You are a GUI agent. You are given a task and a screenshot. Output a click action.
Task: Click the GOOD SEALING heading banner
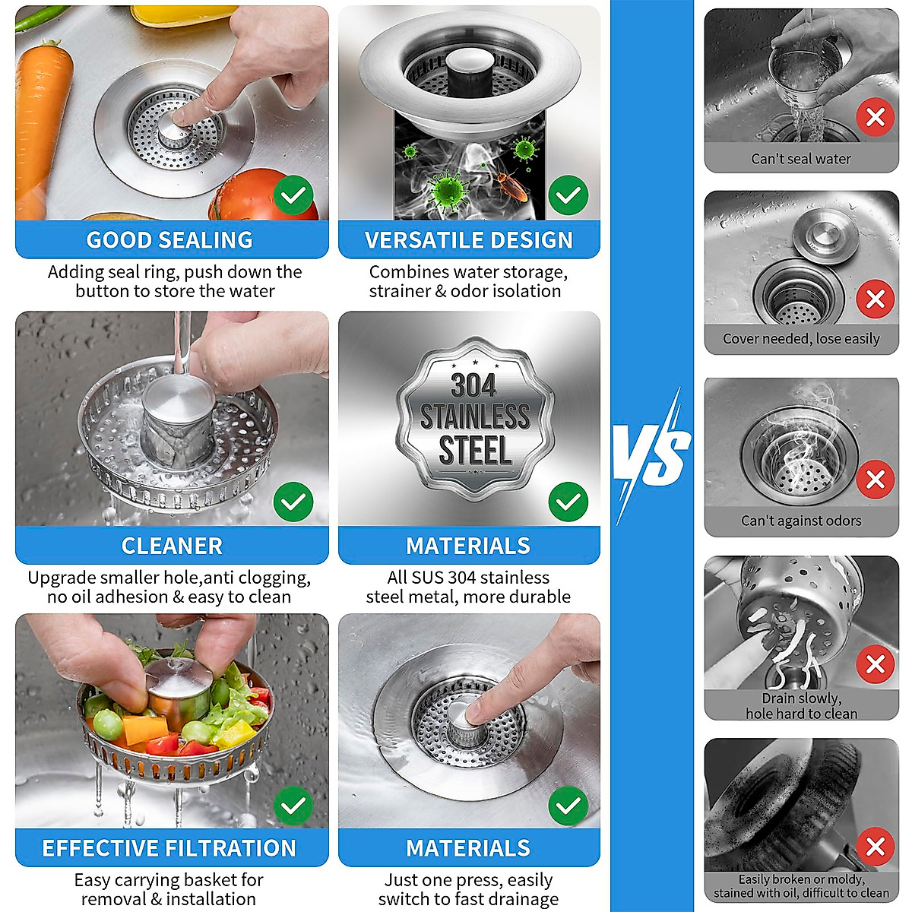click(x=170, y=239)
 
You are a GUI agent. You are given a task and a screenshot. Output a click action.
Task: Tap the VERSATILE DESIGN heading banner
click(x=469, y=239)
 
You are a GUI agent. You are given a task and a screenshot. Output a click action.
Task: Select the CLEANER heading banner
click(x=172, y=546)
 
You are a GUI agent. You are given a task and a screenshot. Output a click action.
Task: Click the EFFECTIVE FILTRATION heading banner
click(x=169, y=848)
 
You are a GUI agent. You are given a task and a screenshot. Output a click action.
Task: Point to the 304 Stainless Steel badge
click(x=475, y=420)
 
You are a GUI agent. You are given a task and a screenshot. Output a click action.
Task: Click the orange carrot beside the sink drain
click(x=42, y=122)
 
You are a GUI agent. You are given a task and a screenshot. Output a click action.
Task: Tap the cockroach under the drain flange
click(x=511, y=185)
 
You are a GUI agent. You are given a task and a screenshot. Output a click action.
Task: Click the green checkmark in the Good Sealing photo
click(x=293, y=195)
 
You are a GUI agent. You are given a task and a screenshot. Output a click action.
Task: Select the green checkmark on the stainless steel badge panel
click(x=568, y=502)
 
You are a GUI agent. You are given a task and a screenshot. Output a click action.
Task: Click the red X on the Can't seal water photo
click(x=875, y=118)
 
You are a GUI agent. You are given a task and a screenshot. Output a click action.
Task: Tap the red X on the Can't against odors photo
click(x=875, y=480)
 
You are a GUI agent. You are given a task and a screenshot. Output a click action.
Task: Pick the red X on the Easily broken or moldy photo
click(x=875, y=846)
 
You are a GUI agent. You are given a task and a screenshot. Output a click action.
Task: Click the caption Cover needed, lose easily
click(x=801, y=339)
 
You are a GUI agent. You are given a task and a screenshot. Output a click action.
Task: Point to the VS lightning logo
click(x=652, y=456)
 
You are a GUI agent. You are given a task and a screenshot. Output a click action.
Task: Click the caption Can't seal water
click(x=801, y=159)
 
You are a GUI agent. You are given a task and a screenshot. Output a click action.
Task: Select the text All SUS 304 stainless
click(x=468, y=578)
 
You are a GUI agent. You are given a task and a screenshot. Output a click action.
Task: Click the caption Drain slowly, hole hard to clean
click(x=801, y=706)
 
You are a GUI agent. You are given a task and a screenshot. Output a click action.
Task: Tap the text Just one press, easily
click(x=468, y=880)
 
